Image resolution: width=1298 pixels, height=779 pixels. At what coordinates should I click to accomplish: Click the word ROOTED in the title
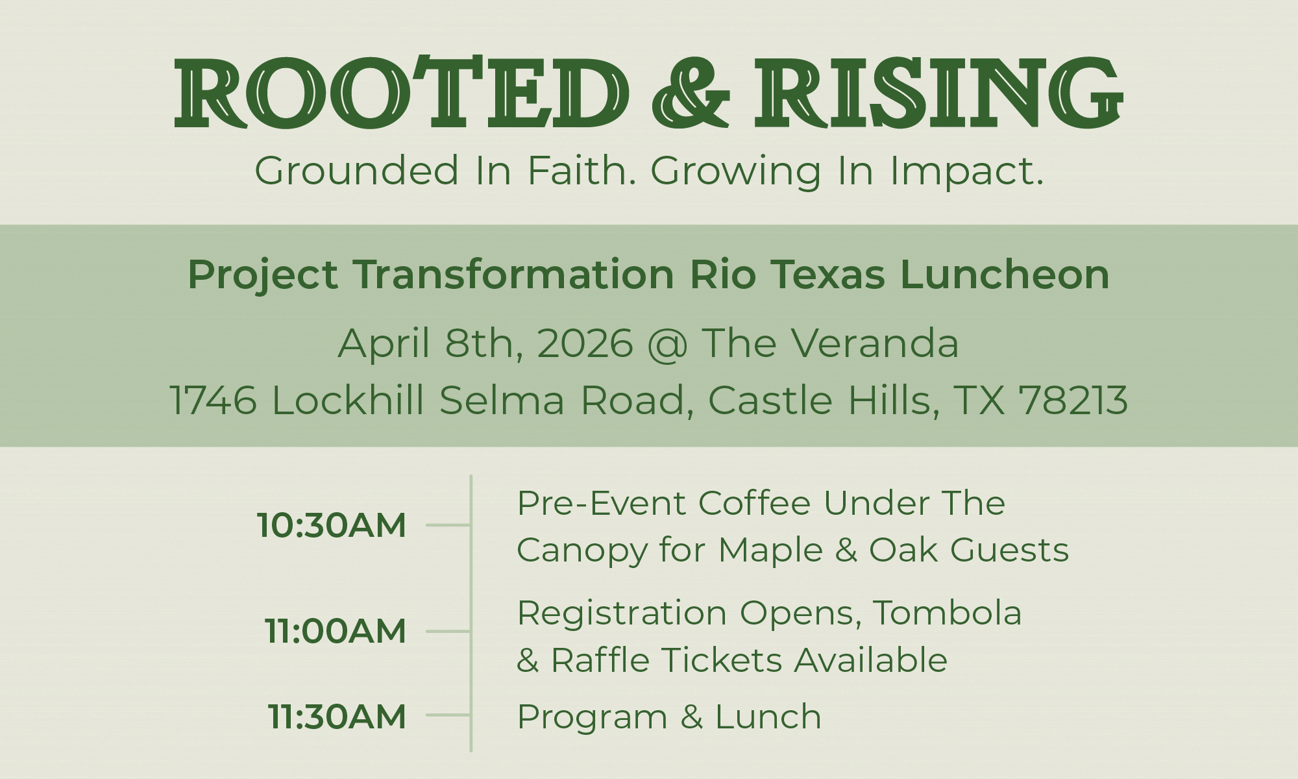click(x=402, y=92)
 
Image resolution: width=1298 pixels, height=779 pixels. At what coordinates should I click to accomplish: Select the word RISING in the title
click(x=938, y=92)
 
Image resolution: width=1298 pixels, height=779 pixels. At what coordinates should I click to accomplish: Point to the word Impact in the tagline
click(x=966, y=172)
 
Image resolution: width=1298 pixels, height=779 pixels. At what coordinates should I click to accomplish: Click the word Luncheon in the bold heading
click(x=1005, y=274)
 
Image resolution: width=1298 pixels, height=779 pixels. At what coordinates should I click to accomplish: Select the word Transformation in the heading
click(x=514, y=274)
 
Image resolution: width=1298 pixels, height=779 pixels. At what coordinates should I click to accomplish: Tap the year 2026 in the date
click(x=585, y=343)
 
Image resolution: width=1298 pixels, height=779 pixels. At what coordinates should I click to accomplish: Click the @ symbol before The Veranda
click(x=667, y=344)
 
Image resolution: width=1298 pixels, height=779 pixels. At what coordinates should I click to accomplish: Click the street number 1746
click(x=214, y=400)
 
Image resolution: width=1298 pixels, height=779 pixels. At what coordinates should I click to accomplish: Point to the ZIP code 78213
click(x=1073, y=400)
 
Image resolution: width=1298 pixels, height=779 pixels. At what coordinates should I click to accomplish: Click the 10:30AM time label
click(x=332, y=525)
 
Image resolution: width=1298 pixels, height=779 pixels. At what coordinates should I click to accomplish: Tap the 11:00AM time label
click(x=336, y=631)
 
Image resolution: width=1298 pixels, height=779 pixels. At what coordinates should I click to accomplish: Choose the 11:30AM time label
click(x=337, y=716)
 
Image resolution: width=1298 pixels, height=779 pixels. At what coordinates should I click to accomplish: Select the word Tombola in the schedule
click(x=948, y=613)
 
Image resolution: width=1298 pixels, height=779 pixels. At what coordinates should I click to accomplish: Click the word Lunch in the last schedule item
click(x=768, y=717)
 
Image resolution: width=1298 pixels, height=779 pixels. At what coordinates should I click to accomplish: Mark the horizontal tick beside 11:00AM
click(x=448, y=631)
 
